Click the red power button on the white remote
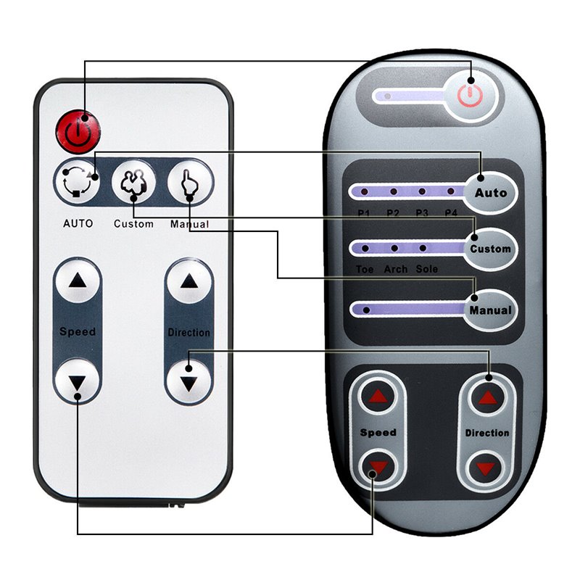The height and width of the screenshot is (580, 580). (78, 131)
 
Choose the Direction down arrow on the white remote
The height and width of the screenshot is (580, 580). (189, 381)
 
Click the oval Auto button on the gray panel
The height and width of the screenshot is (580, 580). (491, 193)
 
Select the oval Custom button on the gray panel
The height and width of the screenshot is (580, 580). (490, 249)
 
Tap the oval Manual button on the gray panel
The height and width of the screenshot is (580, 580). (490, 310)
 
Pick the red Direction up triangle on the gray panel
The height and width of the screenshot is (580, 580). (486, 397)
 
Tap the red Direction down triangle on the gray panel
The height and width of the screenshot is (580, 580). (486, 468)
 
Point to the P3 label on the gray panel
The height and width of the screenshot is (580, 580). (422, 212)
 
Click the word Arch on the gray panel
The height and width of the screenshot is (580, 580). (395, 270)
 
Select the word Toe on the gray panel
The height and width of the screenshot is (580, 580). (365, 270)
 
